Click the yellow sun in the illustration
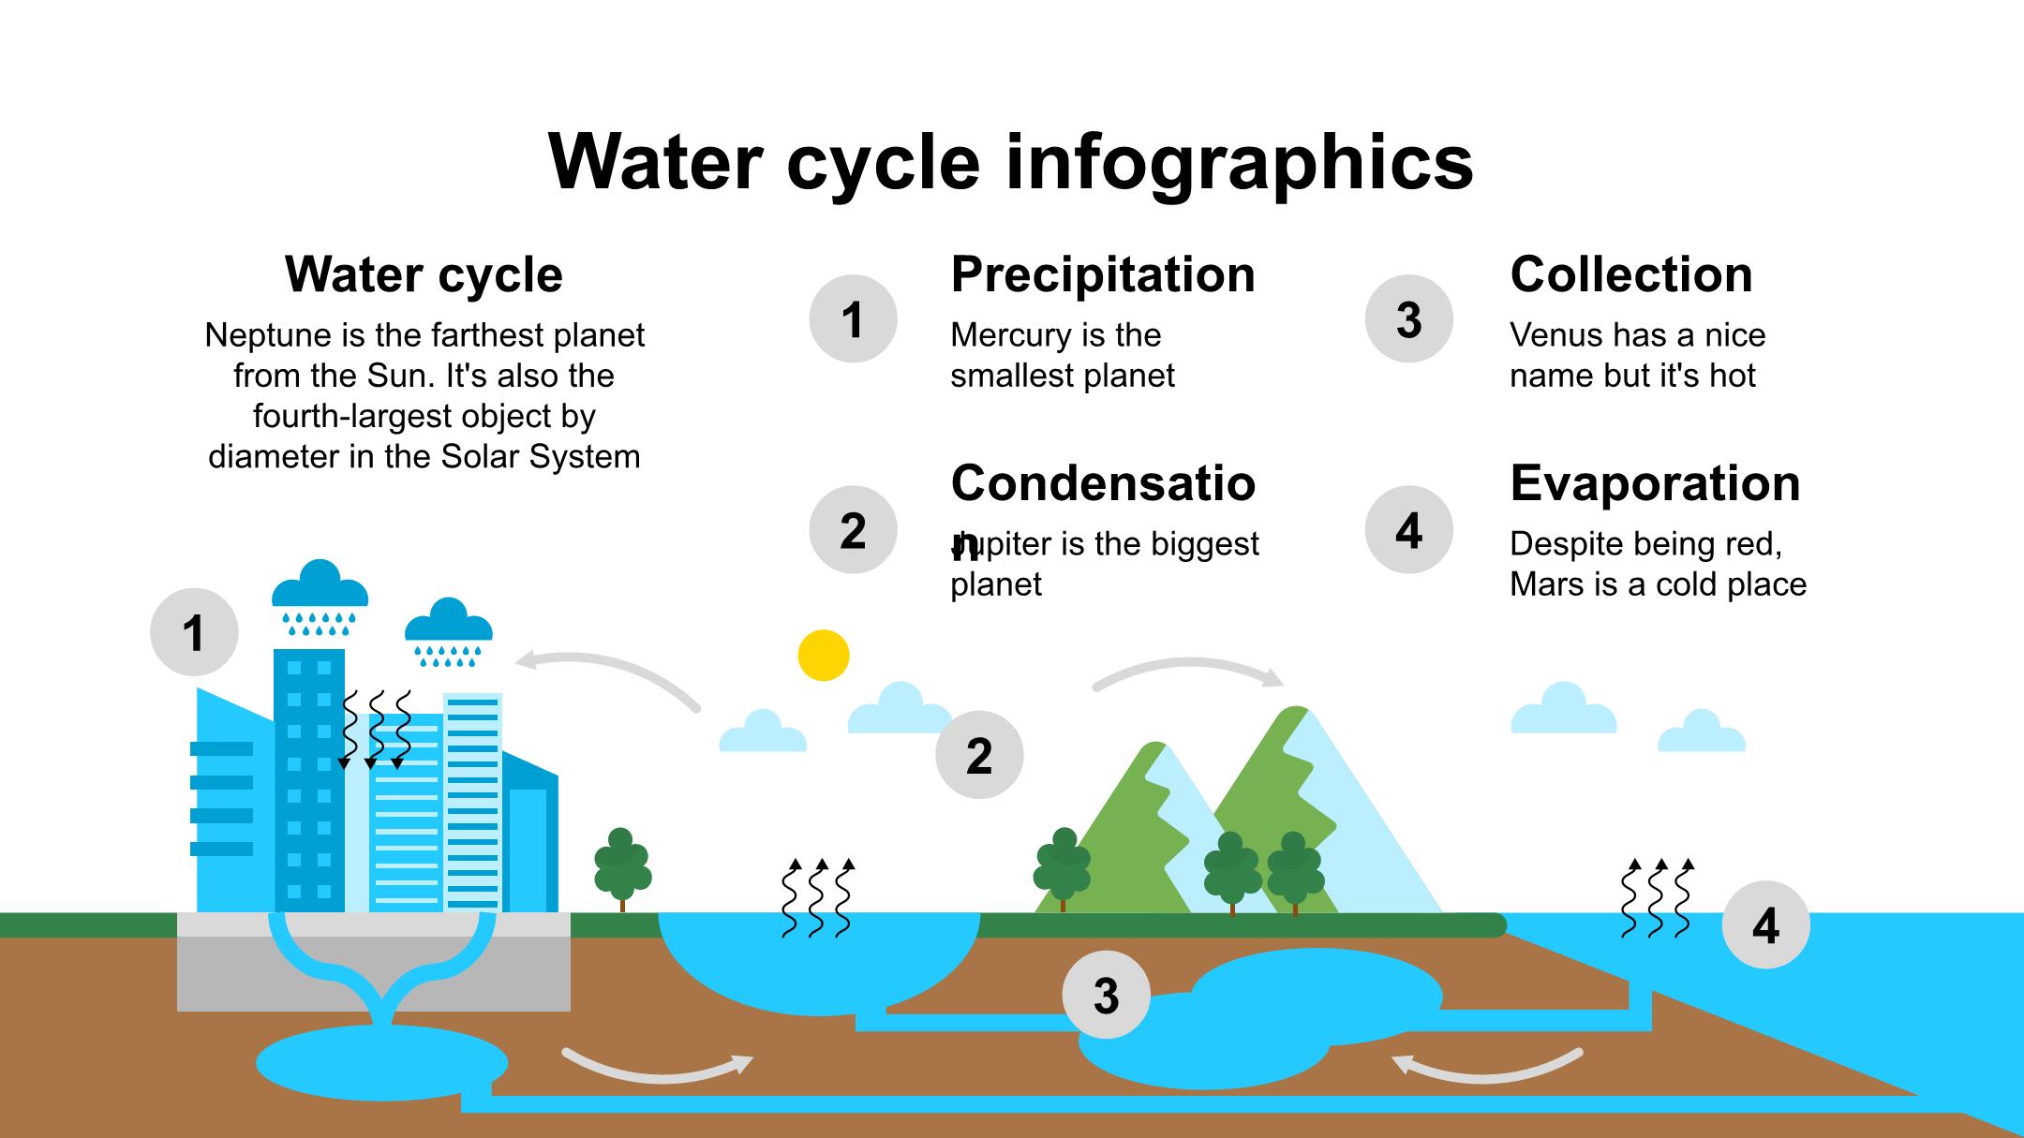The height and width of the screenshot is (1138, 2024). (824, 656)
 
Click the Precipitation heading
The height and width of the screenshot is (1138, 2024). (1103, 274)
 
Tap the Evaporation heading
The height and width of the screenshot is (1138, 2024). (1655, 483)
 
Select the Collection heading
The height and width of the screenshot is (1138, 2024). (1630, 274)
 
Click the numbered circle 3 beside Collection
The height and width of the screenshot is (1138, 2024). (1408, 318)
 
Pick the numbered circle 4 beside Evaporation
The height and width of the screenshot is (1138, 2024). (1408, 529)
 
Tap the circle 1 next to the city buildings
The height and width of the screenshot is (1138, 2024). (194, 632)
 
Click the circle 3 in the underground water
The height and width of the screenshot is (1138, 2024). (1106, 995)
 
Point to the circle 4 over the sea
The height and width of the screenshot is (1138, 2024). (1765, 924)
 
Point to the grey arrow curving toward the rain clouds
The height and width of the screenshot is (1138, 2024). (609, 674)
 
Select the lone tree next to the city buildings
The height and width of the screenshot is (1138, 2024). (622, 866)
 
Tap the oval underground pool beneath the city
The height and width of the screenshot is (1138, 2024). (381, 1063)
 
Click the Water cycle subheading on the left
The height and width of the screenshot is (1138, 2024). (424, 274)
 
